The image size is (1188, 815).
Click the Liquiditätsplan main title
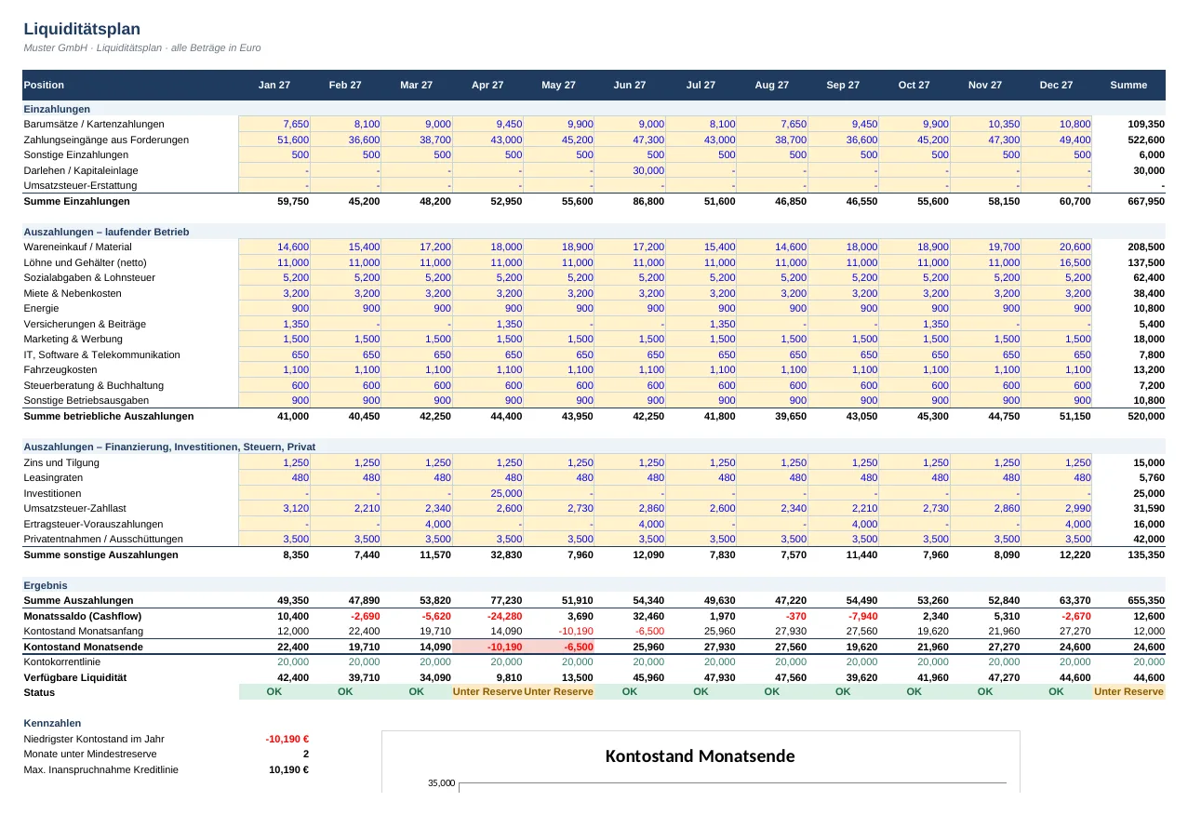(82, 29)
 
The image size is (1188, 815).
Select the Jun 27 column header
(630, 85)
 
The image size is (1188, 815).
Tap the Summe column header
(1128, 85)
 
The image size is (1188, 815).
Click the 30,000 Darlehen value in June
(648, 170)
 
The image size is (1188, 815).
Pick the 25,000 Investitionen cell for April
(506, 493)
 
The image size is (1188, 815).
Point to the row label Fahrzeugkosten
(60, 369)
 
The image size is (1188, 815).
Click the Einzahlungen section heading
(57, 109)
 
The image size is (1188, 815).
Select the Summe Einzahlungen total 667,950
(1145, 201)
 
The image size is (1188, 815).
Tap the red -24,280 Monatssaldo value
(505, 616)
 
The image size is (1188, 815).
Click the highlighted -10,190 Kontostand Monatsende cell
(505, 647)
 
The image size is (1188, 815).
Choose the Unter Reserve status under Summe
(1128, 691)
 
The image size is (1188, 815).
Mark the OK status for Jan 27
(274, 691)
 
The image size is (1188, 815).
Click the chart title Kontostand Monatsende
(701, 755)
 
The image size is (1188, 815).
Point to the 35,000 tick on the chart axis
(441, 782)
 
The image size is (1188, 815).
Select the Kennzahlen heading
(52, 723)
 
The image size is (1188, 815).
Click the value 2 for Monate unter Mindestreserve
(305, 754)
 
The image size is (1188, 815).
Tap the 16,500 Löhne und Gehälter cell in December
(1075, 262)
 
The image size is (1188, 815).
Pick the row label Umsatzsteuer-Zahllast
(74, 508)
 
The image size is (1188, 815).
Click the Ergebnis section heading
(45, 585)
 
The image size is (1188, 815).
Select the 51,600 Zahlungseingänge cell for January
(293, 140)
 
